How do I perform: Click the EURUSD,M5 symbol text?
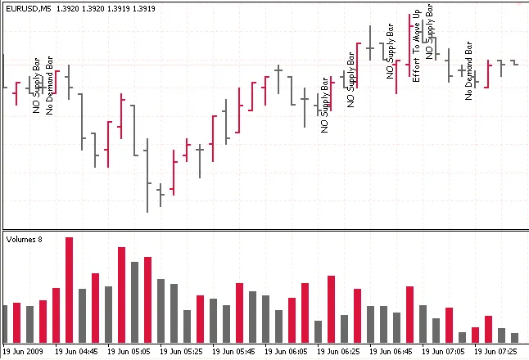[x=28, y=7]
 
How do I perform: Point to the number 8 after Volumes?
[x=39, y=240]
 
